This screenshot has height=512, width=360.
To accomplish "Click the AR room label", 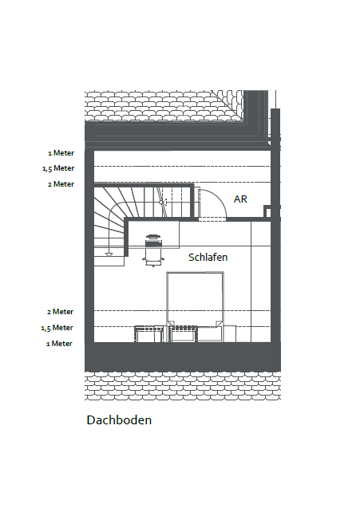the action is click(x=240, y=199).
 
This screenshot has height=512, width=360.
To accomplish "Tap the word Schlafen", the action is click(x=208, y=257).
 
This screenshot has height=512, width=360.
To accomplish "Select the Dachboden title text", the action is click(x=119, y=420).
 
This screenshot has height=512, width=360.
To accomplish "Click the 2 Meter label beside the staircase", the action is click(x=61, y=184).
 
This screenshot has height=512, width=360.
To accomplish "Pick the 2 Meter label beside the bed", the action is click(x=60, y=312).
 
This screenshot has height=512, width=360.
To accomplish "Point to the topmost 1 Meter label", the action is click(x=61, y=153).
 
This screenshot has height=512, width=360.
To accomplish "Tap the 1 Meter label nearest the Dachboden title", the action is click(x=59, y=344).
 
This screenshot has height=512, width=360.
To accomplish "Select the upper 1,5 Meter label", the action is click(x=58, y=168).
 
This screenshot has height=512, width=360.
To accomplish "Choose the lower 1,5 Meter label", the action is click(x=57, y=328).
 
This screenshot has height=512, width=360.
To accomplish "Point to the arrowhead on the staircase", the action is click(x=109, y=254).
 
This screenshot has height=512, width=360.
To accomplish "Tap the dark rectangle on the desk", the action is click(x=153, y=243).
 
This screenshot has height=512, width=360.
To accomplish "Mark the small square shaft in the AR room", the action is click(x=267, y=211).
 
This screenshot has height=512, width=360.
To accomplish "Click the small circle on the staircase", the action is click(x=160, y=203).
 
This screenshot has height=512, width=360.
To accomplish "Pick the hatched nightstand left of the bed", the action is click(x=149, y=333).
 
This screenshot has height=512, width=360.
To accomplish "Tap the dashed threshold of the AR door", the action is click(x=212, y=219).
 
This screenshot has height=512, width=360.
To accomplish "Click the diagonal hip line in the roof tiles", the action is click(x=227, y=106).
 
